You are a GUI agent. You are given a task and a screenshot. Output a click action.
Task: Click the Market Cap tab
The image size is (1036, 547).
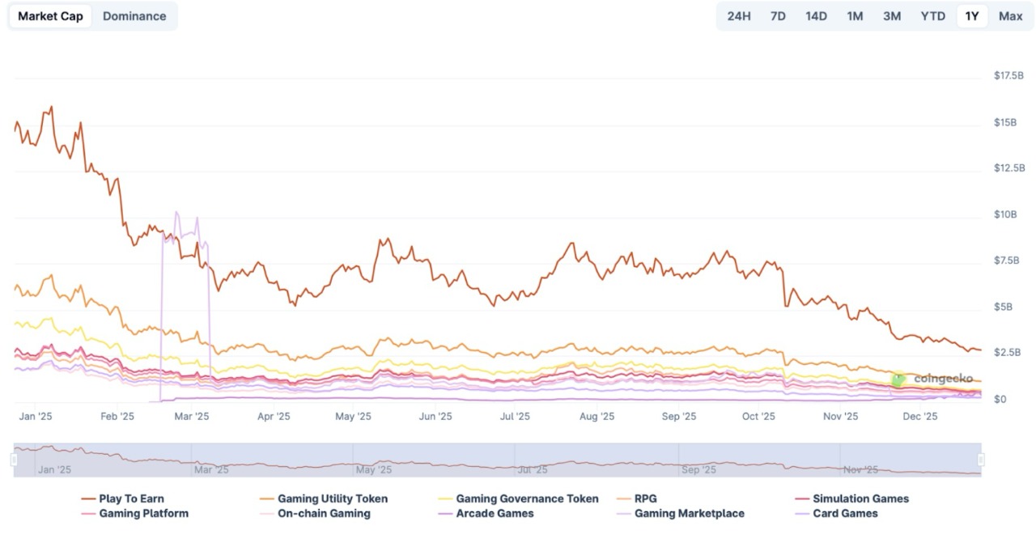[x=50, y=16]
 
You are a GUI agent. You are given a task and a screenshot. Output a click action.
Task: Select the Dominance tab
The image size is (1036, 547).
[x=134, y=16]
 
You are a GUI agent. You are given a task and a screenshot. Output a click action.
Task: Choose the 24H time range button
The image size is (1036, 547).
[x=739, y=16]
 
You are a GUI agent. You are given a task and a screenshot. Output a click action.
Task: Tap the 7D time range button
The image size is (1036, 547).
[x=778, y=16]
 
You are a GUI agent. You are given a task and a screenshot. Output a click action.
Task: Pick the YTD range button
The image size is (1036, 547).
[x=932, y=16]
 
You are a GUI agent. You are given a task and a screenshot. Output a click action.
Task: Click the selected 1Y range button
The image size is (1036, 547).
[x=972, y=16]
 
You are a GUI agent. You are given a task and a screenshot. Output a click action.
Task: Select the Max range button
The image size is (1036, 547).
[x=1010, y=16]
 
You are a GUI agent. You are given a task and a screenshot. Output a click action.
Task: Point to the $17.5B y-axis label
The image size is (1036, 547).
[x=1008, y=75]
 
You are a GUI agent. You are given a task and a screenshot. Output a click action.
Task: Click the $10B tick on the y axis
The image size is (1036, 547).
[x=1005, y=214]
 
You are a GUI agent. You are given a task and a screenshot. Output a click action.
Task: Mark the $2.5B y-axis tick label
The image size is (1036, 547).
[x=1008, y=353]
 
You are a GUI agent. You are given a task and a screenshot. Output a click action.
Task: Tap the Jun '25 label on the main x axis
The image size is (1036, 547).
[x=435, y=417]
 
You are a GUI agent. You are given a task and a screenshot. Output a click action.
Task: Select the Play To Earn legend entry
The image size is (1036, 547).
[x=131, y=499]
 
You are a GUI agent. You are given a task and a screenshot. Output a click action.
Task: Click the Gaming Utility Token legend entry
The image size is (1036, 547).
[x=332, y=499]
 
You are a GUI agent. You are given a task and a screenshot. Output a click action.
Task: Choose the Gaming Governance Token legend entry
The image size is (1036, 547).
[x=527, y=499]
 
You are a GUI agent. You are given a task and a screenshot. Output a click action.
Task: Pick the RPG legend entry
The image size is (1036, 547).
[x=645, y=499]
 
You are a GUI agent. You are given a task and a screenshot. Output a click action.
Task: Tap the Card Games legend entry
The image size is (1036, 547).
[x=845, y=514]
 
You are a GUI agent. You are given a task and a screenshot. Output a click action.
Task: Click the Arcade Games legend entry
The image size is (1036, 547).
[x=495, y=514]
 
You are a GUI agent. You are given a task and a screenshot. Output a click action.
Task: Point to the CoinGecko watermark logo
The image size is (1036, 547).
[x=898, y=379]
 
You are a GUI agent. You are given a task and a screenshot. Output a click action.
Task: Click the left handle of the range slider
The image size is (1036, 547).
[x=14, y=460]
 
